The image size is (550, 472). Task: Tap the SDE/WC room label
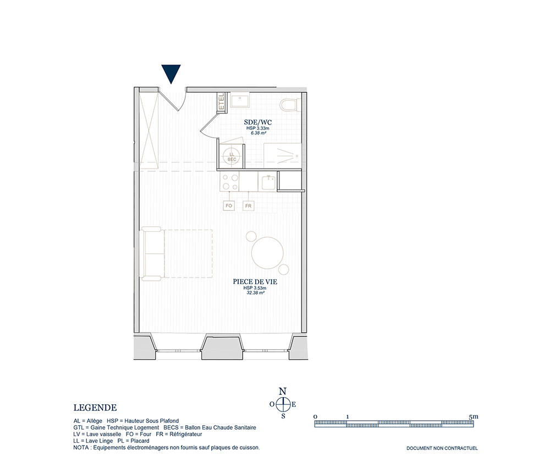[x=258, y=123]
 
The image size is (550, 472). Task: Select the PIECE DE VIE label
[x=255, y=281]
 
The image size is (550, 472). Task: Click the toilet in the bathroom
[x=290, y=105]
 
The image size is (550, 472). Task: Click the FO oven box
[x=229, y=205]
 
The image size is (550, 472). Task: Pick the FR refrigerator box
[x=249, y=205]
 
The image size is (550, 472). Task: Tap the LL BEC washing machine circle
[x=232, y=156]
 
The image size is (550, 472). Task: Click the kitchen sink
[x=269, y=182]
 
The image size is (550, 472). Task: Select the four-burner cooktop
[x=229, y=182]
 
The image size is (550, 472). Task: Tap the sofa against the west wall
[x=153, y=253]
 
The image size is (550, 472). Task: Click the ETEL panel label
[x=221, y=101]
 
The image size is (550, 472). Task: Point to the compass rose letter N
[x=282, y=391]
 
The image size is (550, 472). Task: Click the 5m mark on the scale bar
[x=473, y=417]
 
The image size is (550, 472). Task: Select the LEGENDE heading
[x=95, y=408]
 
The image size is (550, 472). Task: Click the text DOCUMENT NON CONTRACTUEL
[x=442, y=448]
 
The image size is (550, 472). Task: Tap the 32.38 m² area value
[x=255, y=292]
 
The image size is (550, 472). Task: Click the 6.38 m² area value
[x=258, y=133]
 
